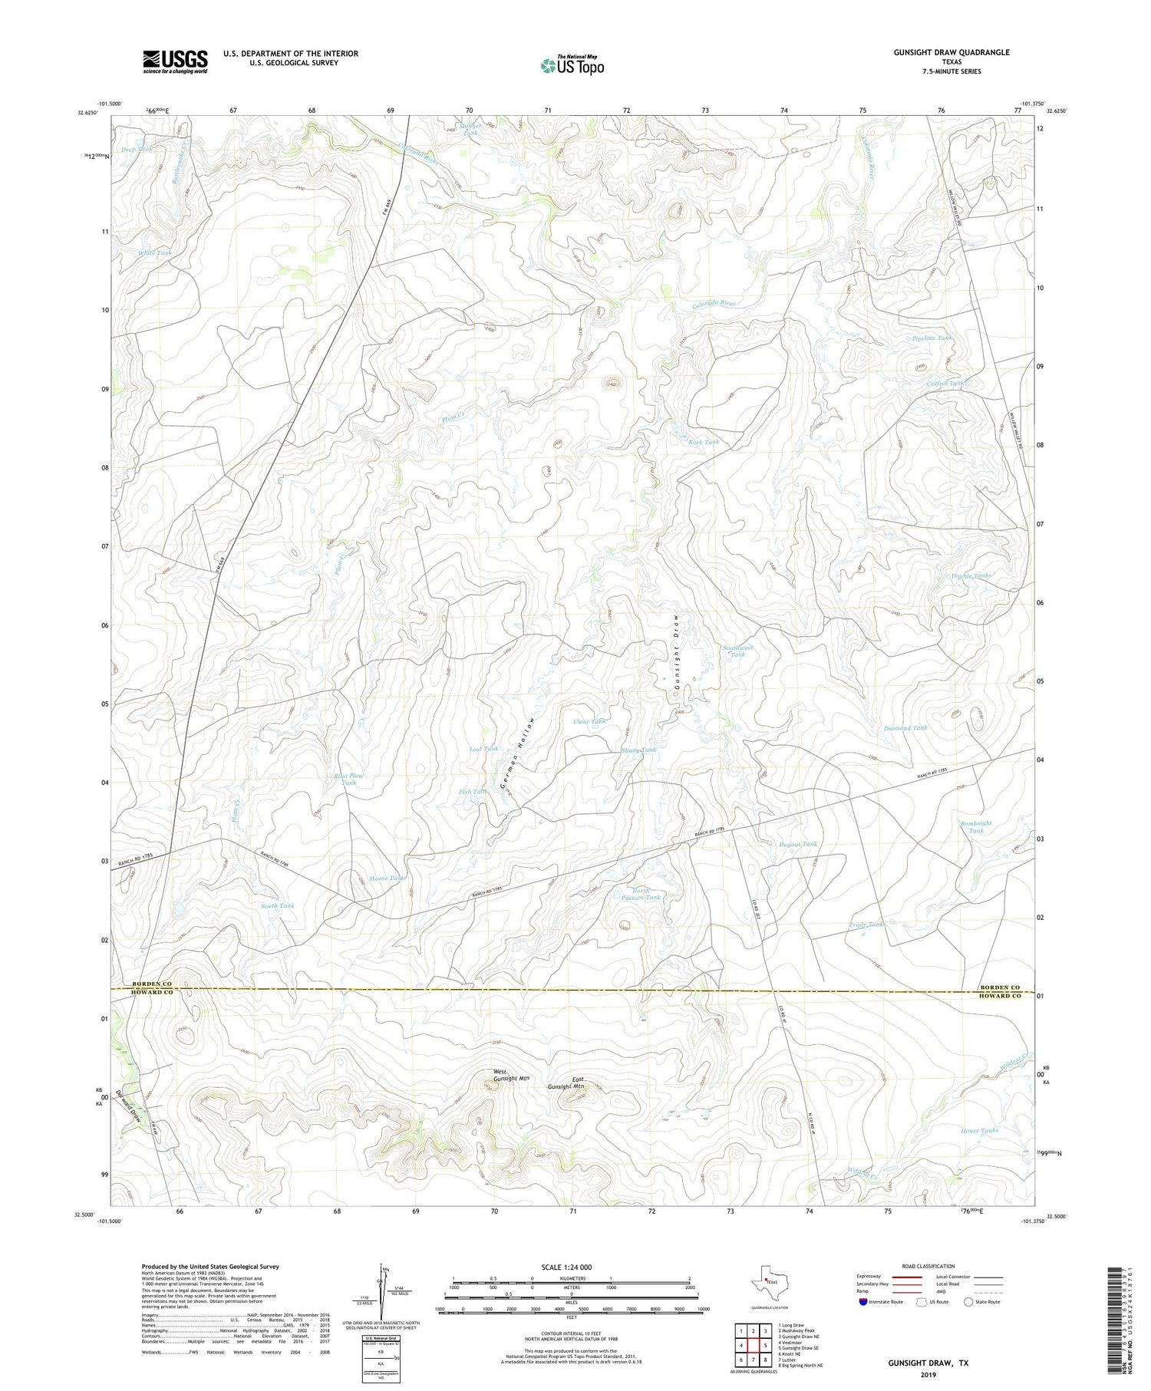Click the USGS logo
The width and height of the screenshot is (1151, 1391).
175,61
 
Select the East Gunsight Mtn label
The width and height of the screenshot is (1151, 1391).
568,1083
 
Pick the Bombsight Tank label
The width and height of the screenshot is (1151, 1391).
976,826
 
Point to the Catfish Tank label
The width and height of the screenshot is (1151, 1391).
945,383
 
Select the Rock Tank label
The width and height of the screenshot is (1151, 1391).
703,442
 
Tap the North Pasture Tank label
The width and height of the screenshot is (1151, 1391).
640,894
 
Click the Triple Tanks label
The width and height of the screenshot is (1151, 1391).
868,925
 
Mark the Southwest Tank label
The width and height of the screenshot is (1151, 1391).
737,651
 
